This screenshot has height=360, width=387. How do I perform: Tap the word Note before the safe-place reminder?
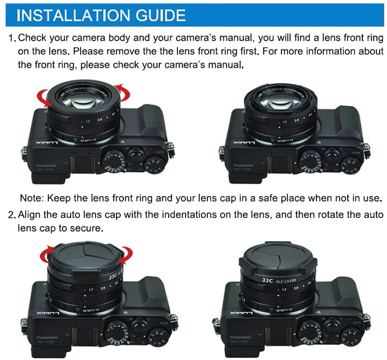point(33,198)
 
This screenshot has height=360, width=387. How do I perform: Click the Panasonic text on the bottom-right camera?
point(240,337)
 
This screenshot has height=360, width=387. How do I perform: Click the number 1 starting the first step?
point(11,38)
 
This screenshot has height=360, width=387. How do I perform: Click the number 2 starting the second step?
point(11,215)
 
